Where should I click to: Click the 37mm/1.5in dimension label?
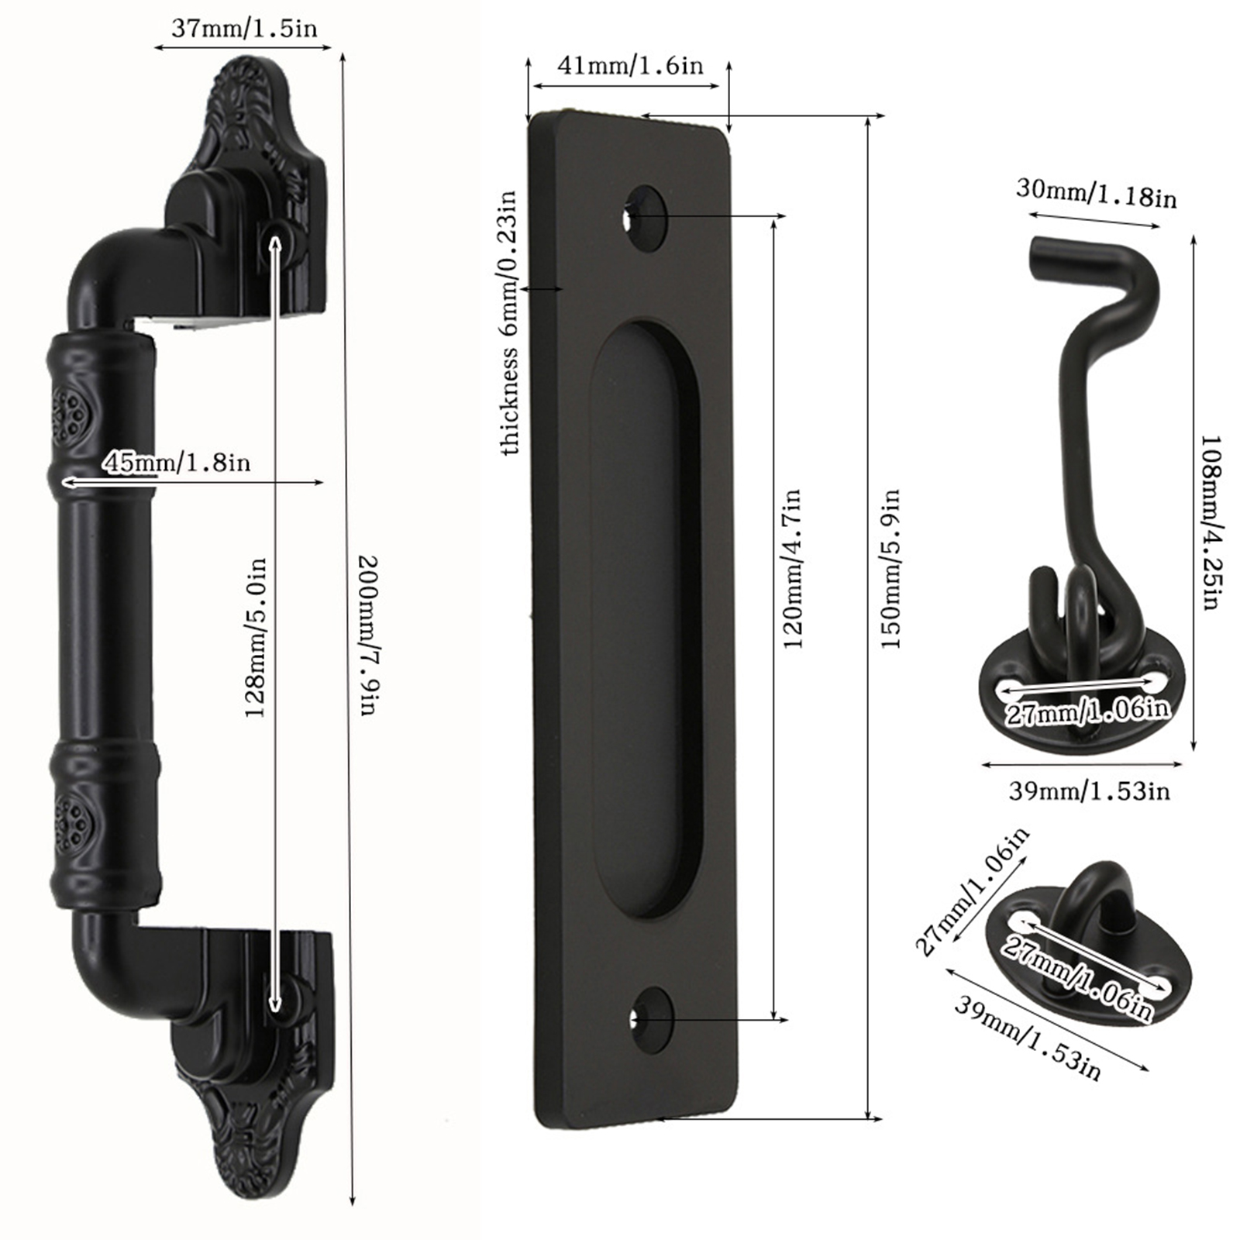[x=244, y=29]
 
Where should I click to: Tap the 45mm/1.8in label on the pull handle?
[x=177, y=463]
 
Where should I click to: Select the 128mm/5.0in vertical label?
[x=256, y=637]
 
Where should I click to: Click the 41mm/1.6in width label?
[x=630, y=65]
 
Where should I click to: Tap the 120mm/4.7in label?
[x=792, y=568]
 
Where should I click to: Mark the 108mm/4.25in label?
[x=1211, y=522]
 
